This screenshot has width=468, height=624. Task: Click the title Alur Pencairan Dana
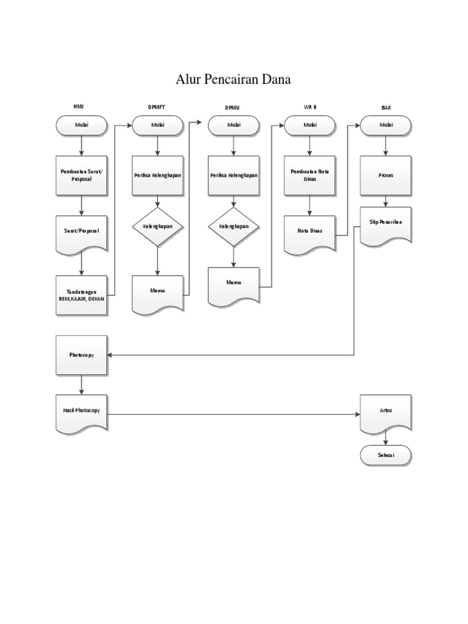[233, 80]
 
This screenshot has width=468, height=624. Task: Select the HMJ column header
[79, 107]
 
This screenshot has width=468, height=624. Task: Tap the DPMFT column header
[157, 107]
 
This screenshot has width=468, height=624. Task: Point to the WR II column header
[310, 107]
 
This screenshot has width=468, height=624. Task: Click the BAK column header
[386, 107]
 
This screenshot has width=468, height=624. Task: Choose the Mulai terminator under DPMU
[233, 126]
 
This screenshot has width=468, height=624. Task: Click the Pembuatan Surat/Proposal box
[82, 175]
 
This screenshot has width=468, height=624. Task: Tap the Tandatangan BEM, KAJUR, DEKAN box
[82, 296]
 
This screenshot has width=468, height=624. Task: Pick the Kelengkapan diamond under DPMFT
[158, 226]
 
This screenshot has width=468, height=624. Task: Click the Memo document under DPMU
[233, 284]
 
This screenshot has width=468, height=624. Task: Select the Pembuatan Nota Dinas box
[310, 175]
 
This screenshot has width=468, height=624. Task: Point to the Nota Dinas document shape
[310, 232]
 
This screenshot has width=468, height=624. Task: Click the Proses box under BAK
[386, 175]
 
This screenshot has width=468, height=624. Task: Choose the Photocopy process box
[82, 355]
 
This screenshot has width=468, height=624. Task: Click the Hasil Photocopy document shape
[82, 413]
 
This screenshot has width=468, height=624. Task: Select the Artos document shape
[386, 412]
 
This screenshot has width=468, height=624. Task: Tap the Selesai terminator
[386, 455]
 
